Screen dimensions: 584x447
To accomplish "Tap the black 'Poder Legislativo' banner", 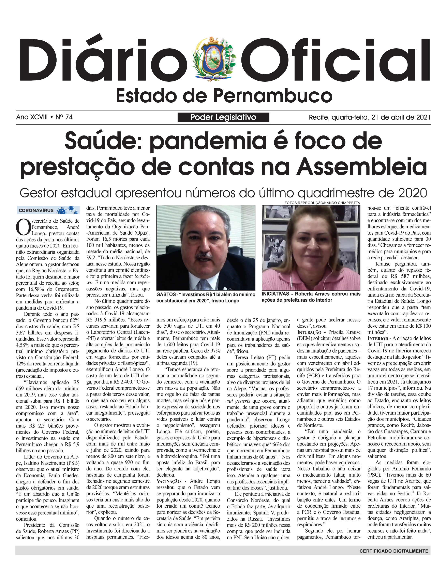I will click(223, 117).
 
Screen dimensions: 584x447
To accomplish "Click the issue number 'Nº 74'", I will click(64, 117).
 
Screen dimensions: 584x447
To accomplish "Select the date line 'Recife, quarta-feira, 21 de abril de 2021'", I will click(370, 117).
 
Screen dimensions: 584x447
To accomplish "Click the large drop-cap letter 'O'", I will click(23, 227).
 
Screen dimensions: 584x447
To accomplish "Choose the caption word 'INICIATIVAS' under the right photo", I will click(275, 294).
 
